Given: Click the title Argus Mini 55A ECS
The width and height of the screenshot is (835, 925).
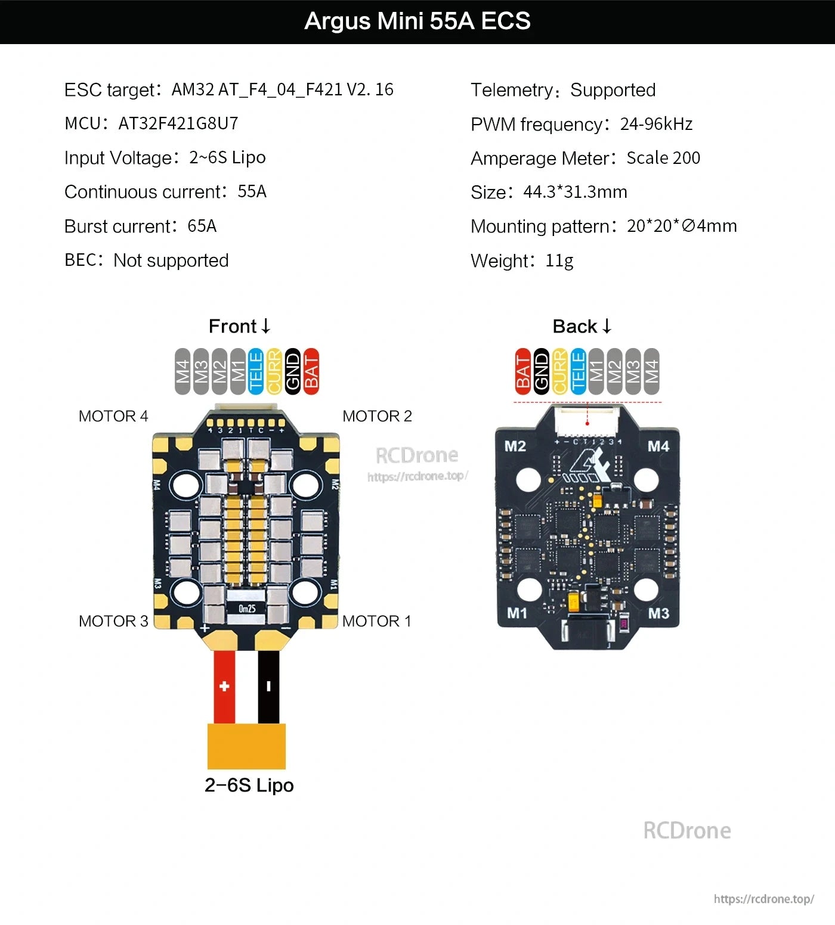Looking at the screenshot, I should pos(417,21).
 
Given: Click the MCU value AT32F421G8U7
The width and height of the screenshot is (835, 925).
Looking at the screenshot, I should pos(178,123).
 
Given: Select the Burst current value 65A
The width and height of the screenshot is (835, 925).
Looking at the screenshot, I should pos(202,226).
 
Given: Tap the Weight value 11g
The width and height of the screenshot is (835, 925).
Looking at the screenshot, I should pos(559,260).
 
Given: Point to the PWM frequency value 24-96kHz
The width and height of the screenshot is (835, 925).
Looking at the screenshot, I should pos(656,124).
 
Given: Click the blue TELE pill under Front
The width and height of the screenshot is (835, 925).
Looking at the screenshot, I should pos(256,371).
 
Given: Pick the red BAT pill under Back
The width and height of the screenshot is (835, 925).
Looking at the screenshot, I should pos(522,371).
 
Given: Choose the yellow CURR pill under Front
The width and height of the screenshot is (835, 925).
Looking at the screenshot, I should pos(274,371).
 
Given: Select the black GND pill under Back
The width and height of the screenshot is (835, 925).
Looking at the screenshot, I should pos(541,371).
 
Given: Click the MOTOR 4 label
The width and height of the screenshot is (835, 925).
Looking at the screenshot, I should pos(113,416).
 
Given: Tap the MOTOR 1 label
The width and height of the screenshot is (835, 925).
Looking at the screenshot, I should pos(376,621).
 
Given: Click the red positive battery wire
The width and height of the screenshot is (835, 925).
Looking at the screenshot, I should pos(224,686).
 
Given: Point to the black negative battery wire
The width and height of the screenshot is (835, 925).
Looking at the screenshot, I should pos(268,686).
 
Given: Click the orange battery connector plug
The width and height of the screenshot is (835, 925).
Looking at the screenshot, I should pos(246,746).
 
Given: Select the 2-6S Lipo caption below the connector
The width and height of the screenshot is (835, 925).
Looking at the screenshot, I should pos(249,785).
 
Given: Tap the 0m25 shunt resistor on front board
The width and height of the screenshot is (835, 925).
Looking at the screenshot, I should pos(247,609).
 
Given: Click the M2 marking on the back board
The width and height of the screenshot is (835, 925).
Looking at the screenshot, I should pos(515,446).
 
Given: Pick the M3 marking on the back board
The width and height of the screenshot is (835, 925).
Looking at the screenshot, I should pos(658,613).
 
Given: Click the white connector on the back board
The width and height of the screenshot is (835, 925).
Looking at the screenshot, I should pos(587,421).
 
